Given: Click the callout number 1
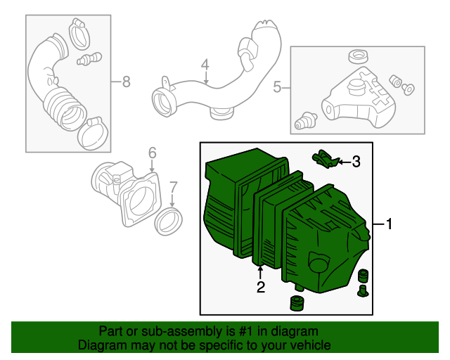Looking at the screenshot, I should pos(388,224).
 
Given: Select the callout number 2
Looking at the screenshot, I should pos(260,287).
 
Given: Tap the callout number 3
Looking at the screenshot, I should pos(356,162).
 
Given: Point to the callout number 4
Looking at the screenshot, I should pos(205,65).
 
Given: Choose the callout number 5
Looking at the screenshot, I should pos(277,87).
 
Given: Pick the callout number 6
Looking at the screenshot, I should pos(151,153).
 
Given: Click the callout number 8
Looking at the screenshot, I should pos(127,82).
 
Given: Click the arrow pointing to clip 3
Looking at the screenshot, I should pos(342,162).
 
